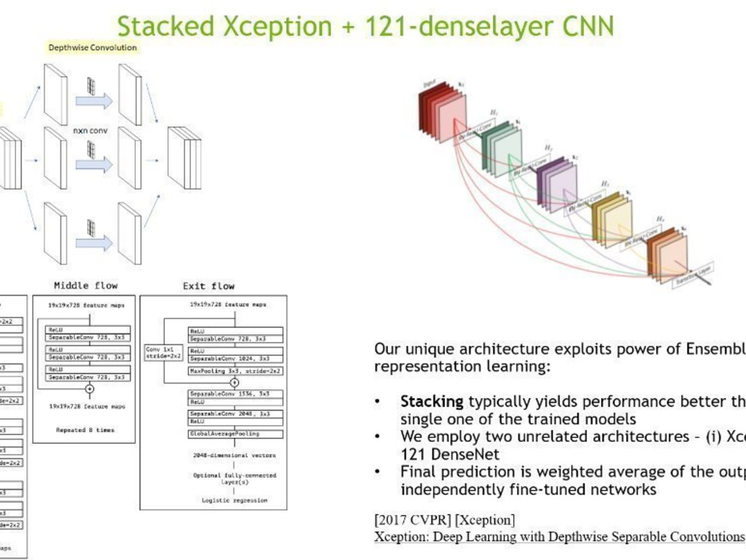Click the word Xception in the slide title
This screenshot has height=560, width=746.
point(277,26)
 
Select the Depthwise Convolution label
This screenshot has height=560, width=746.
point(93,48)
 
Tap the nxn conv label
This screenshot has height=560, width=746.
point(90,131)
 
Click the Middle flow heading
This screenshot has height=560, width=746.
point(86,285)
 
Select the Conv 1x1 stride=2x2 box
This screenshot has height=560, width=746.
point(163,352)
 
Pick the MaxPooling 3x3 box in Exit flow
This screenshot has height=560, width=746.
point(235,371)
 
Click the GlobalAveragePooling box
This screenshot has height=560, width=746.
point(235,434)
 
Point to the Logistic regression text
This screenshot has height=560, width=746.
point(234,501)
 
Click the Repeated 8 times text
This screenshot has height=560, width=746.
point(85,430)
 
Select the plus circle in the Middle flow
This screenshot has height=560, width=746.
point(89,389)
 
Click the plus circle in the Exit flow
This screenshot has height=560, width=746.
point(234,383)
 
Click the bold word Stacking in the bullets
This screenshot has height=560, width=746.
point(431,401)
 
